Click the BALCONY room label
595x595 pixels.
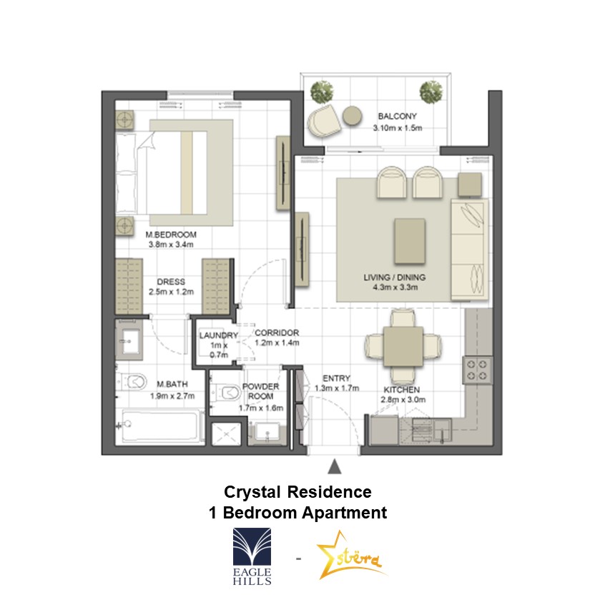click(398, 116)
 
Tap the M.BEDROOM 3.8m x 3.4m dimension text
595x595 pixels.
click(171, 245)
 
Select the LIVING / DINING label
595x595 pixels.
click(395, 277)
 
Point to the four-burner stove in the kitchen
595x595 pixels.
click(477, 370)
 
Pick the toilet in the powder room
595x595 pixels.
click(226, 393)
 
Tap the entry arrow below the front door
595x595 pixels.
click(334, 467)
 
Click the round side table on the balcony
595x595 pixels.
click(352, 115)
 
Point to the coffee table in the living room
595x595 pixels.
click(410, 241)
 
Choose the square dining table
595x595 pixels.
click(403, 346)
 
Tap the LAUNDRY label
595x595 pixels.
click(219, 335)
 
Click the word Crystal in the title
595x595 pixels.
click(252, 492)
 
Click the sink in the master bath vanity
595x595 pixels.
click(129, 340)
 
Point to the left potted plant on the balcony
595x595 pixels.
click(322, 92)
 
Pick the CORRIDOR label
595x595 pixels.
click(277, 333)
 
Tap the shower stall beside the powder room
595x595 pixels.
click(226, 434)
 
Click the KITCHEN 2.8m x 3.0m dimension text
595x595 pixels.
click(403, 400)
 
